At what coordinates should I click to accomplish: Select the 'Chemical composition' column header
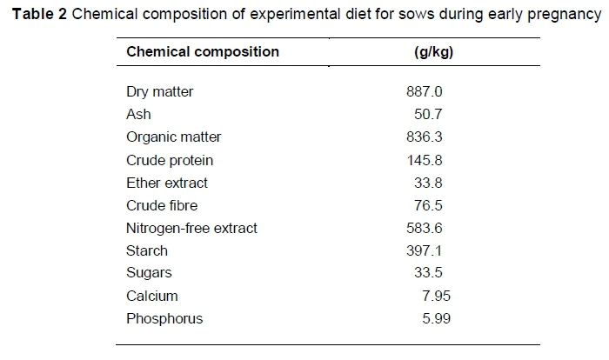[203, 51]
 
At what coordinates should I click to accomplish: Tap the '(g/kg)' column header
[432, 51]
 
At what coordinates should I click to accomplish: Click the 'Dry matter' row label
[159, 92]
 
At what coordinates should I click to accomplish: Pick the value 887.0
[425, 92]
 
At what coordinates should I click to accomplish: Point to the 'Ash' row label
[138, 115]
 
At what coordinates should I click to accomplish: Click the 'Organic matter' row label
[173, 137]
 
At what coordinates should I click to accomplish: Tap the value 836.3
[425, 137]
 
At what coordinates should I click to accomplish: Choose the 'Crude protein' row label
[170, 160]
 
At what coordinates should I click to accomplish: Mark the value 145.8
[425, 160]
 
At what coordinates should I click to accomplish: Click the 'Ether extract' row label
[167, 183]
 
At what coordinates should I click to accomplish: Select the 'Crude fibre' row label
[162, 206]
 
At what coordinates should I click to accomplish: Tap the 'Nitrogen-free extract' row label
[191, 229]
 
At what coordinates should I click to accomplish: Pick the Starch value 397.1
[425, 251]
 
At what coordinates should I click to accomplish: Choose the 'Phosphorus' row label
[164, 319]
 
